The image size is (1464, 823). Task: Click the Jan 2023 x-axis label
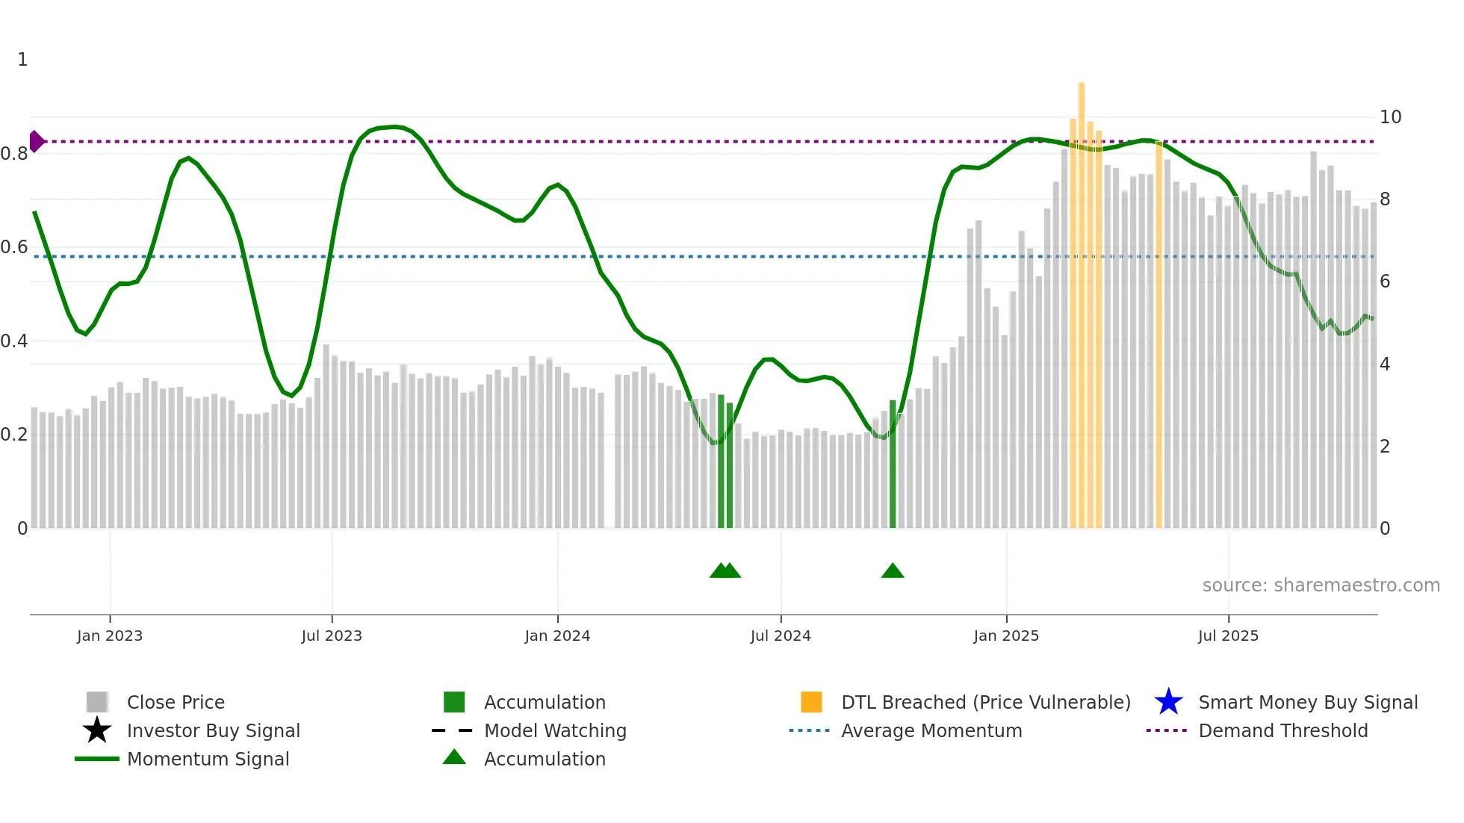pos(109,636)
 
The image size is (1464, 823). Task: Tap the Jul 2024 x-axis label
pos(781,636)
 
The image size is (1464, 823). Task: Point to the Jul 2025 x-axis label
pos(1228,636)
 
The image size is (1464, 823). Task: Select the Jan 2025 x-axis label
pos(1006,636)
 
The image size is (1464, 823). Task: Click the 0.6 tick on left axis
pos(14,247)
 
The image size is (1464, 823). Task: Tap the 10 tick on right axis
pos(1390,117)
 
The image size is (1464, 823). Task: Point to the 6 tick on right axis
pos(1385,282)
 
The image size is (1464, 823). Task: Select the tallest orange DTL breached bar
pos(1081,299)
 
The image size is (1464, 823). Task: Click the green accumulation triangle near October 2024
pos(893,571)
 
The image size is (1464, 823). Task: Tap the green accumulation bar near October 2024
pos(893,463)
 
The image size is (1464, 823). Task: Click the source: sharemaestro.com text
pos(1321,586)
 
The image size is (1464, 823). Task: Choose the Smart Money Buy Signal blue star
pos(1168,702)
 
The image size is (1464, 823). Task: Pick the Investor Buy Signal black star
pos(97,730)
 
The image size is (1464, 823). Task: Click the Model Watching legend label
pos(555,730)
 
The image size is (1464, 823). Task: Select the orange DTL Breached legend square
pos(811,702)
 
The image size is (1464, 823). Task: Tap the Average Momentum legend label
pos(931,730)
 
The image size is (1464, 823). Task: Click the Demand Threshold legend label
pos(1282,730)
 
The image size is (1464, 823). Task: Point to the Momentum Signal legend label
pos(208,759)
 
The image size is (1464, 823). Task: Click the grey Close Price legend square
pos(97,702)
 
